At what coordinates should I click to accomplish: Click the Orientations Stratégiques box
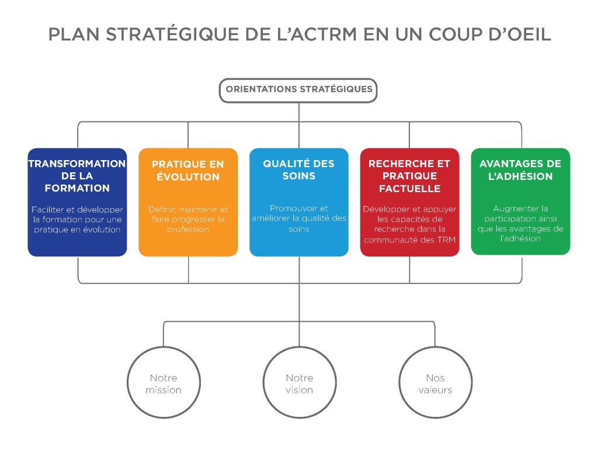pyautogui.click(x=298, y=91)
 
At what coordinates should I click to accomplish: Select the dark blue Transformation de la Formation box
pyautogui.click(x=78, y=202)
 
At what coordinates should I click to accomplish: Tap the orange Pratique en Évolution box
pyautogui.click(x=188, y=202)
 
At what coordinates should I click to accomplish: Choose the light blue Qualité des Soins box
pyautogui.click(x=299, y=202)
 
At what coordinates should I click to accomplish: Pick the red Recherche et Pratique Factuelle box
pyautogui.click(x=409, y=202)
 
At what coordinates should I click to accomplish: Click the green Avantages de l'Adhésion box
pyautogui.click(x=520, y=202)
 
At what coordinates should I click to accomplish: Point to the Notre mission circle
pyautogui.click(x=164, y=382)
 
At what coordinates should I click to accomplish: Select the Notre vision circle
pyautogui.click(x=300, y=382)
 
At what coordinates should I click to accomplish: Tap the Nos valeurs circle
pyautogui.click(x=435, y=382)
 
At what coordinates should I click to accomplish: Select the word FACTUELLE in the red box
pyautogui.click(x=409, y=189)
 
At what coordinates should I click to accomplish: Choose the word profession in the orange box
pyautogui.click(x=188, y=230)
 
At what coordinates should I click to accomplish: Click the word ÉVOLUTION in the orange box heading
pyautogui.click(x=188, y=176)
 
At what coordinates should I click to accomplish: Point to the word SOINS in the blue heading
pyautogui.click(x=299, y=176)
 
